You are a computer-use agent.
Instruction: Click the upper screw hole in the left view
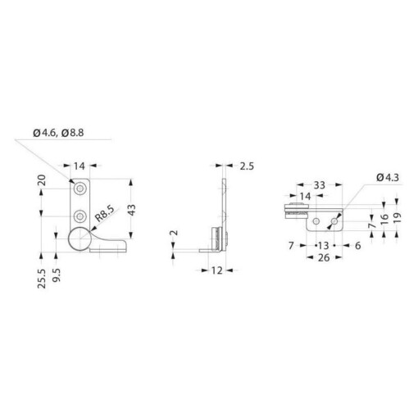pyautogui.click(x=80, y=189)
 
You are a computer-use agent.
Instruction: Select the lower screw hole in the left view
pyautogui.click(x=80, y=216)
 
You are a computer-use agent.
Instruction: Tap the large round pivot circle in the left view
pyautogui.click(x=79, y=240)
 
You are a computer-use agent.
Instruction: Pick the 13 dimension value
pyautogui.click(x=323, y=245)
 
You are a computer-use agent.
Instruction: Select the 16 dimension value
pyautogui.click(x=384, y=220)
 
